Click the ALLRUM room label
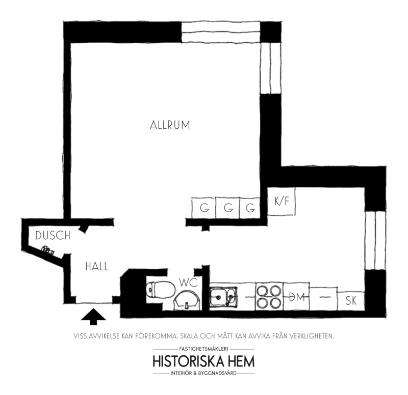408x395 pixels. (170, 125)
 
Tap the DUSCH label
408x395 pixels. (53, 236)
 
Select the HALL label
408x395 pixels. (97, 267)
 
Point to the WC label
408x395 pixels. (188, 283)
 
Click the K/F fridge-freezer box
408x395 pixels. (282, 201)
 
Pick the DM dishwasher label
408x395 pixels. (297, 297)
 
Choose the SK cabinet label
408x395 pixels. (351, 301)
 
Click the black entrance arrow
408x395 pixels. (93, 317)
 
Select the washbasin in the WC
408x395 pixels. (187, 301)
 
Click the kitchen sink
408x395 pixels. (223, 297)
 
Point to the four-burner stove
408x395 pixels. (269, 297)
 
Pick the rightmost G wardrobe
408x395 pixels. (250, 208)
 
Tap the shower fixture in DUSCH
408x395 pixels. (47, 249)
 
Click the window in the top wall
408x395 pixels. (221, 32)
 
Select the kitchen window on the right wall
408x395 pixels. (375, 240)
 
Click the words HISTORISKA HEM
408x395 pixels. (203, 361)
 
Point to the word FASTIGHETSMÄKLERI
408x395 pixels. (203, 349)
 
